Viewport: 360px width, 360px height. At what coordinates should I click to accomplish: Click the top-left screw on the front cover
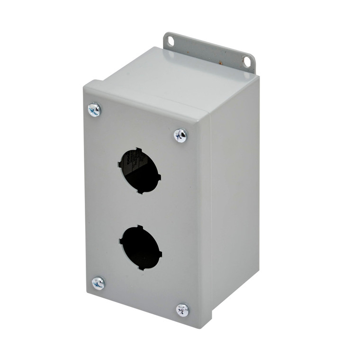94,110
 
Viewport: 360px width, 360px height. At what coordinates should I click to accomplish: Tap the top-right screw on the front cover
180,136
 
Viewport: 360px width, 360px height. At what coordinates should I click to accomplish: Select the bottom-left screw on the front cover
98,283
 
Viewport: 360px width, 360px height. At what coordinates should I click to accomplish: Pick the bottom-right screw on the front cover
182,310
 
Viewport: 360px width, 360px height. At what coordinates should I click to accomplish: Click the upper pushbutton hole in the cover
140,171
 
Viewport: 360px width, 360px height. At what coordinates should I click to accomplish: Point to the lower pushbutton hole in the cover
141,248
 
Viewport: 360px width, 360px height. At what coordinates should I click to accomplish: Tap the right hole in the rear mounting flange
247,61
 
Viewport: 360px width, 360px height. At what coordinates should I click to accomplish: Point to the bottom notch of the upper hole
141,192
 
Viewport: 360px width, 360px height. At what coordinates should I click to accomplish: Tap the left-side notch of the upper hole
120,164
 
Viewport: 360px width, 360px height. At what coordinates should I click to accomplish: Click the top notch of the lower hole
139,227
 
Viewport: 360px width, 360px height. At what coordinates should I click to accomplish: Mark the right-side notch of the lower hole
160,253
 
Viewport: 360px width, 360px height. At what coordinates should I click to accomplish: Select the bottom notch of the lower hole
142,268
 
